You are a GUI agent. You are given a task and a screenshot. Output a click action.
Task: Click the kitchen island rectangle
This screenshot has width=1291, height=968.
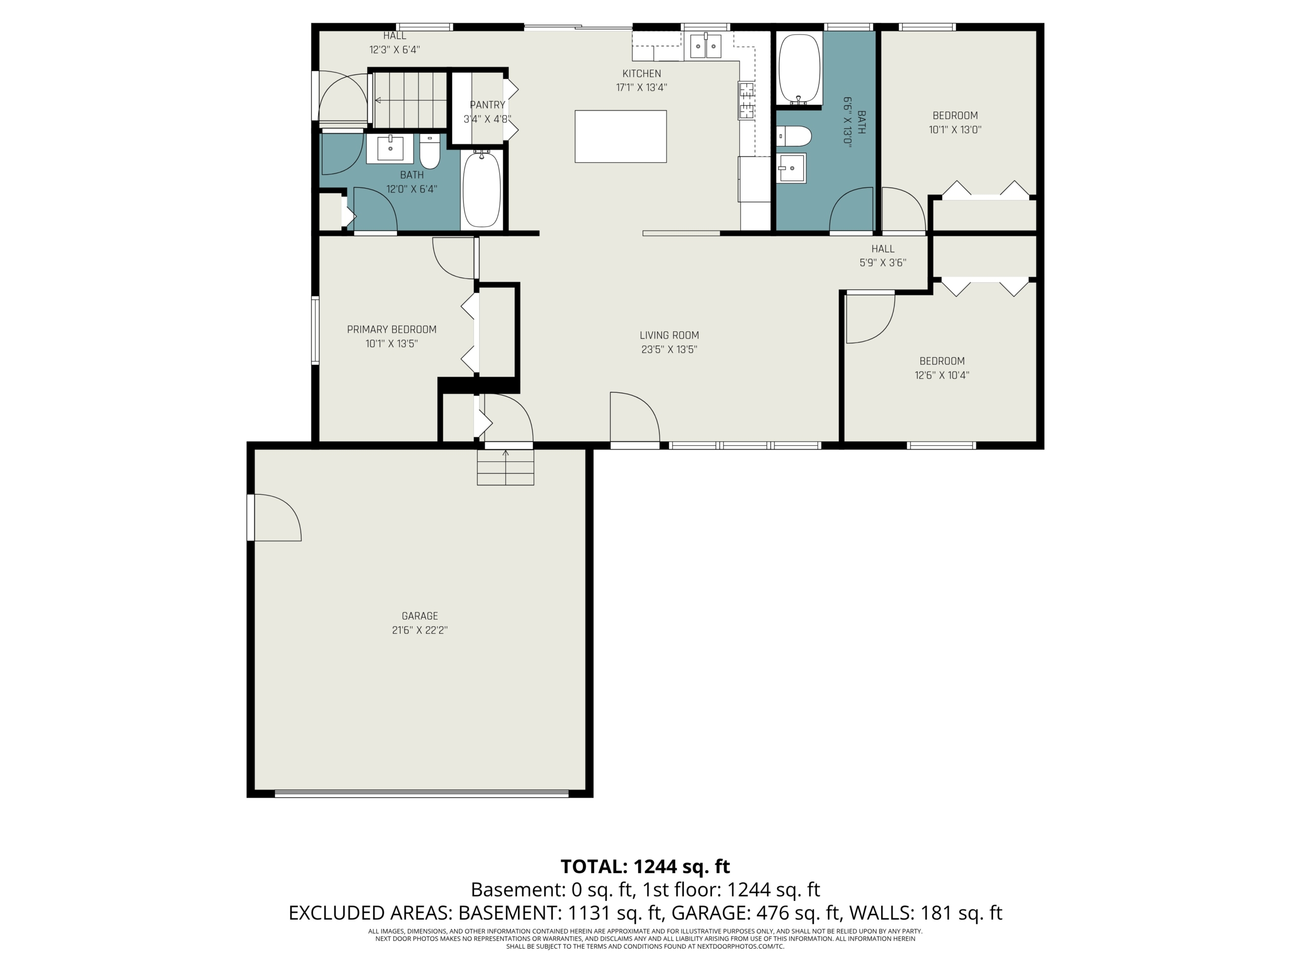coord(620,137)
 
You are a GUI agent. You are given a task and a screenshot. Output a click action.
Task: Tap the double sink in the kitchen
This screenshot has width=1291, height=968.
coord(706,46)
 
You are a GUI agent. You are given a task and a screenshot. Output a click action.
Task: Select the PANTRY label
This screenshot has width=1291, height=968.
coord(487,105)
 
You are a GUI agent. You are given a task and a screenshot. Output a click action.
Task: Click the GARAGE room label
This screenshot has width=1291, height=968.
coord(420,616)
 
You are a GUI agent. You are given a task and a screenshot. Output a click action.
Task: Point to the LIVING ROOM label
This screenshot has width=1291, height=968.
coord(669,335)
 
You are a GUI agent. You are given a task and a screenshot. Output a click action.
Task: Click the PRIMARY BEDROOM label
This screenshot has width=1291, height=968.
coord(392,330)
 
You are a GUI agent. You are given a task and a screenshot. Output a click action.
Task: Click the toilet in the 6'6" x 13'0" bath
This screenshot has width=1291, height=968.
coord(794,137)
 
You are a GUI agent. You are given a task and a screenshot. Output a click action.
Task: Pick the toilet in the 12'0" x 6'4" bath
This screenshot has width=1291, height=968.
coord(430,152)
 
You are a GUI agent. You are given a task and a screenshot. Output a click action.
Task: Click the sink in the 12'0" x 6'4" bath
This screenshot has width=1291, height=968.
coord(390,149)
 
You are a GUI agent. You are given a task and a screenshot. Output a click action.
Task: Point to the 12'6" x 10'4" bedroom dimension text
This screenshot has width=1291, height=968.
coord(942,375)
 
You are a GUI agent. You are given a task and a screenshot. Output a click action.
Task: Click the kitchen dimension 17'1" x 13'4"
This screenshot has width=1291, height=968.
coord(641,88)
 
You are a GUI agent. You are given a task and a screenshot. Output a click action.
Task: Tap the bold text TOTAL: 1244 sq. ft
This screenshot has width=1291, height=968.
coord(645,867)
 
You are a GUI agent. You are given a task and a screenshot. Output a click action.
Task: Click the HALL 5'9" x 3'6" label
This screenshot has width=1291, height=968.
coord(883,256)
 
